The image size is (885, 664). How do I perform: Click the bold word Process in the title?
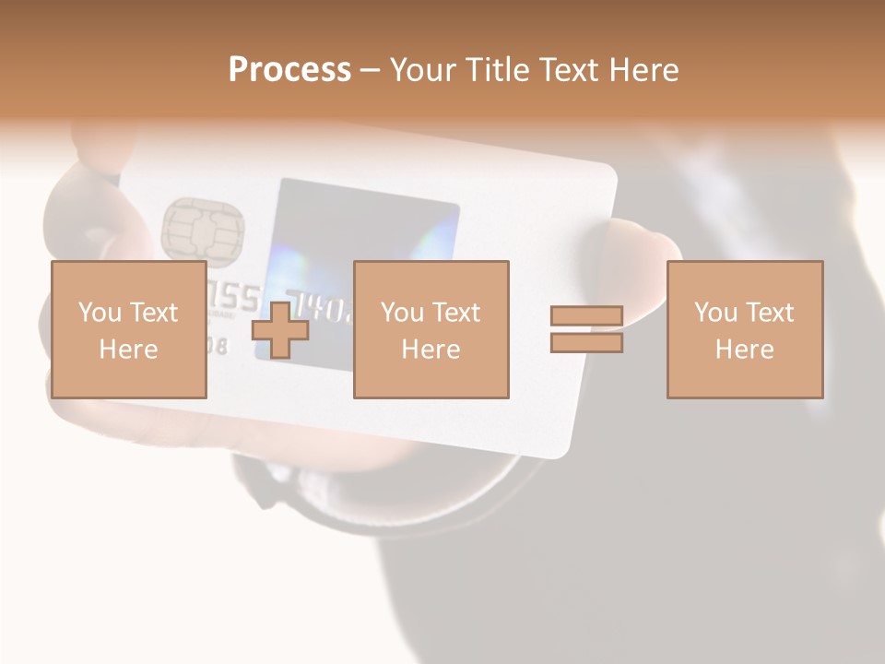coord(289,70)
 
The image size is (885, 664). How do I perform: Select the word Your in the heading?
coord(425,70)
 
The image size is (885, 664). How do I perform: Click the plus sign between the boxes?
coord(280,330)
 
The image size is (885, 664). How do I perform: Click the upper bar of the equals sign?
coord(586,316)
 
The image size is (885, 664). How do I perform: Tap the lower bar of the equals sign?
coord(586,343)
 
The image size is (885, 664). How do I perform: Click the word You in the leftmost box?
coord(100,313)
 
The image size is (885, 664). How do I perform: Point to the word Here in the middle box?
coord(431,350)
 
